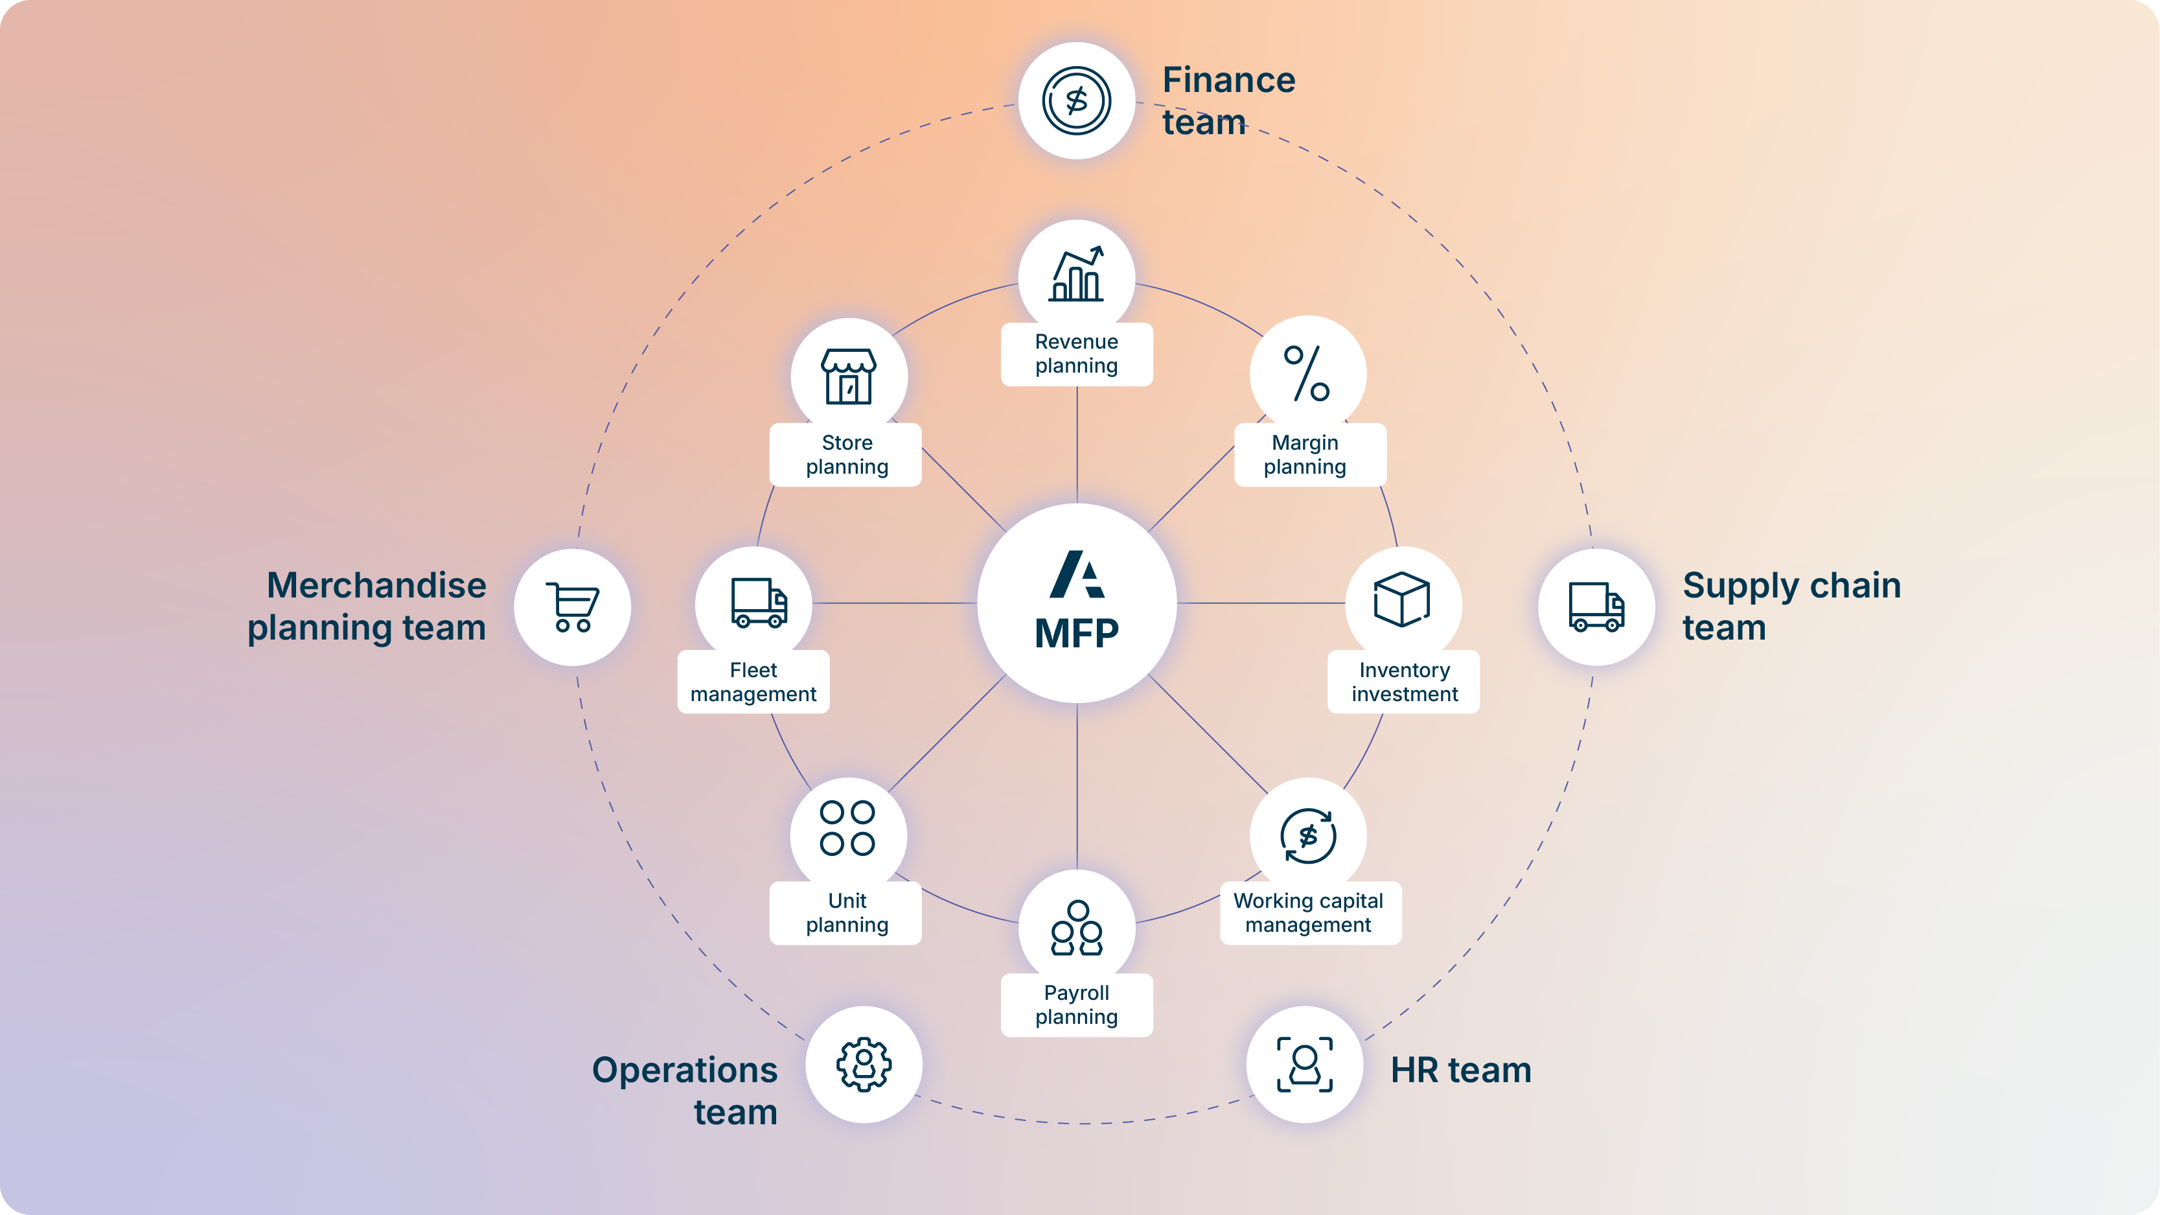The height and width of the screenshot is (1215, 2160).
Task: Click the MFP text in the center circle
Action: click(1077, 632)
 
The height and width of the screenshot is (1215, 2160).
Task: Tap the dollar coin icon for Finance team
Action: click(1077, 100)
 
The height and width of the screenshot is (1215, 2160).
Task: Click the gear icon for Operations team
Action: click(864, 1064)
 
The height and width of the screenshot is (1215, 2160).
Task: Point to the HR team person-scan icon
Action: click(1305, 1064)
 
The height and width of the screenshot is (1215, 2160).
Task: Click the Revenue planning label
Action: click(1077, 354)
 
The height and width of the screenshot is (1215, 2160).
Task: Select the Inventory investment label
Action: click(1404, 682)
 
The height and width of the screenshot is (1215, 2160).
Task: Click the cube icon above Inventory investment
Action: click(1402, 599)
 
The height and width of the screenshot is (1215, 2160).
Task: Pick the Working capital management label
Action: click(1309, 912)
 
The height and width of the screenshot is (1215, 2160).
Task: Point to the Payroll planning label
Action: click(1077, 1004)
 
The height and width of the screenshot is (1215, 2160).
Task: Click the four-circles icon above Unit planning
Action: click(847, 827)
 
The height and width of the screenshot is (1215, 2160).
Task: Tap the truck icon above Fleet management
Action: click(759, 602)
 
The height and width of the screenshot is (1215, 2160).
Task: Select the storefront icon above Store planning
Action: click(849, 376)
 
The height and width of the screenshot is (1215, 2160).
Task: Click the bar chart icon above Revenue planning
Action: click(1077, 273)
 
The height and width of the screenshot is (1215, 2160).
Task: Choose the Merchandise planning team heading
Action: click(367, 607)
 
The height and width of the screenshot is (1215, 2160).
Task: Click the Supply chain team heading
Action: click(1792, 607)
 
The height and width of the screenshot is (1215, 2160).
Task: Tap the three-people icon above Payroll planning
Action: click(1077, 927)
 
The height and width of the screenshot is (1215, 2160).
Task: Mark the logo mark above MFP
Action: click(1077, 574)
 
